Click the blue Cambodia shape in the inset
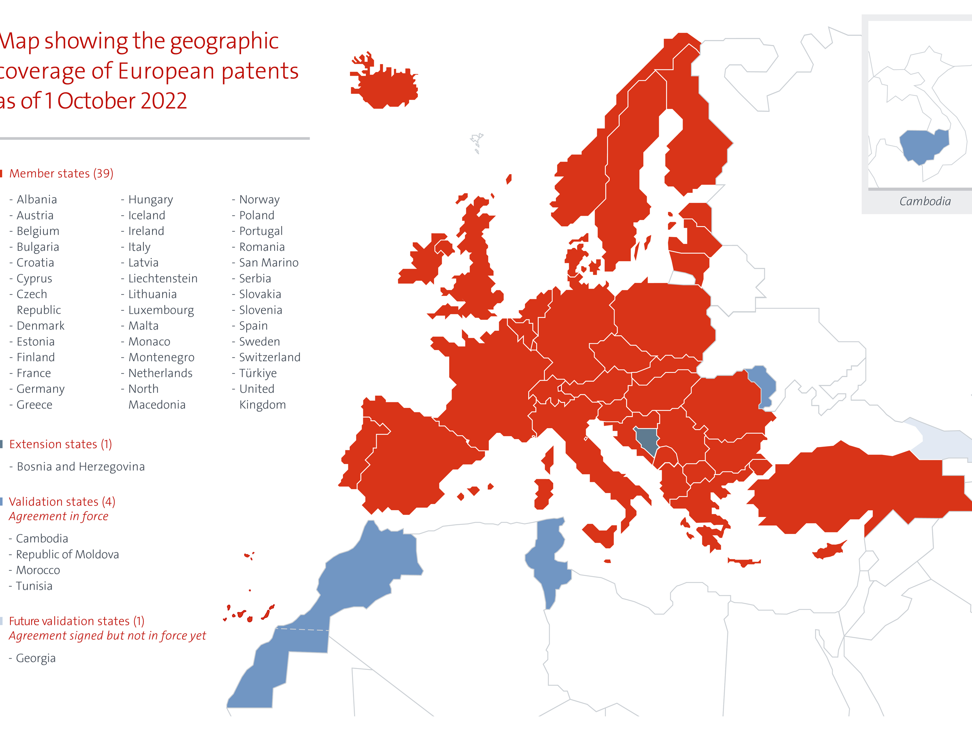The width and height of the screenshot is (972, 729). (x=923, y=145)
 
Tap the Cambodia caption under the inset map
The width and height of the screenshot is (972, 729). (x=925, y=201)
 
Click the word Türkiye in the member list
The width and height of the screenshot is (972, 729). (x=258, y=373)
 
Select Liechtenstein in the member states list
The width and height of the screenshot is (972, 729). (x=162, y=279)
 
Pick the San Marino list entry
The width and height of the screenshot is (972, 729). (x=268, y=263)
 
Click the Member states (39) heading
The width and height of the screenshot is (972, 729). (x=61, y=174)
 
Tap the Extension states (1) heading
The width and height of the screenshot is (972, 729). (x=60, y=444)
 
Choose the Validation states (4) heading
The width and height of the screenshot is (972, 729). (x=62, y=502)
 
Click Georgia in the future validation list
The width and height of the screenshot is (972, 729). (x=35, y=658)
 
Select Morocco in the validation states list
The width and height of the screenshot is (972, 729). (x=38, y=570)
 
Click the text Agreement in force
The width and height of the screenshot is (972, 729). (x=58, y=516)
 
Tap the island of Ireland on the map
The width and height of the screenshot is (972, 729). (x=424, y=264)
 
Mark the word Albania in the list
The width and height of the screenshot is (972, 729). (x=37, y=200)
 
